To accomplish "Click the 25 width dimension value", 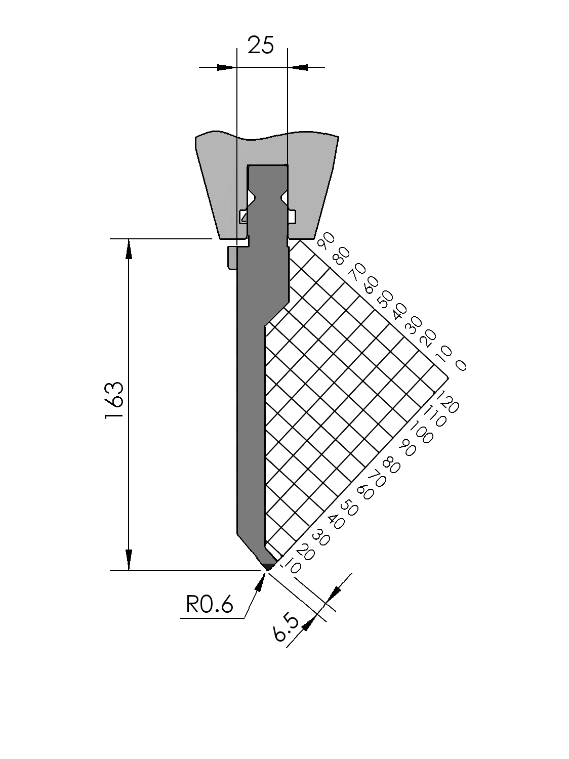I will [x=261, y=46].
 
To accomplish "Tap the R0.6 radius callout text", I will [x=210, y=604].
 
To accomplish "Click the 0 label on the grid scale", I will [x=461, y=365].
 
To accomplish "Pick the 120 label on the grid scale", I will [x=447, y=402].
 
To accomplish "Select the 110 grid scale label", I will [x=434, y=416].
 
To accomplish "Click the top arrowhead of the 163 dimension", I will [x=129, y=248].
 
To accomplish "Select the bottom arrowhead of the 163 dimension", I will [x=129, y=560].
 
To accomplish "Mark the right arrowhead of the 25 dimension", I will [x=298, y=67].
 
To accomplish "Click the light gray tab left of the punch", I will [x=232, y=258].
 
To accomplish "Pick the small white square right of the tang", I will [x=292, y=217].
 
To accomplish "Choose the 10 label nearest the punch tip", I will [x=293, y=567].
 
